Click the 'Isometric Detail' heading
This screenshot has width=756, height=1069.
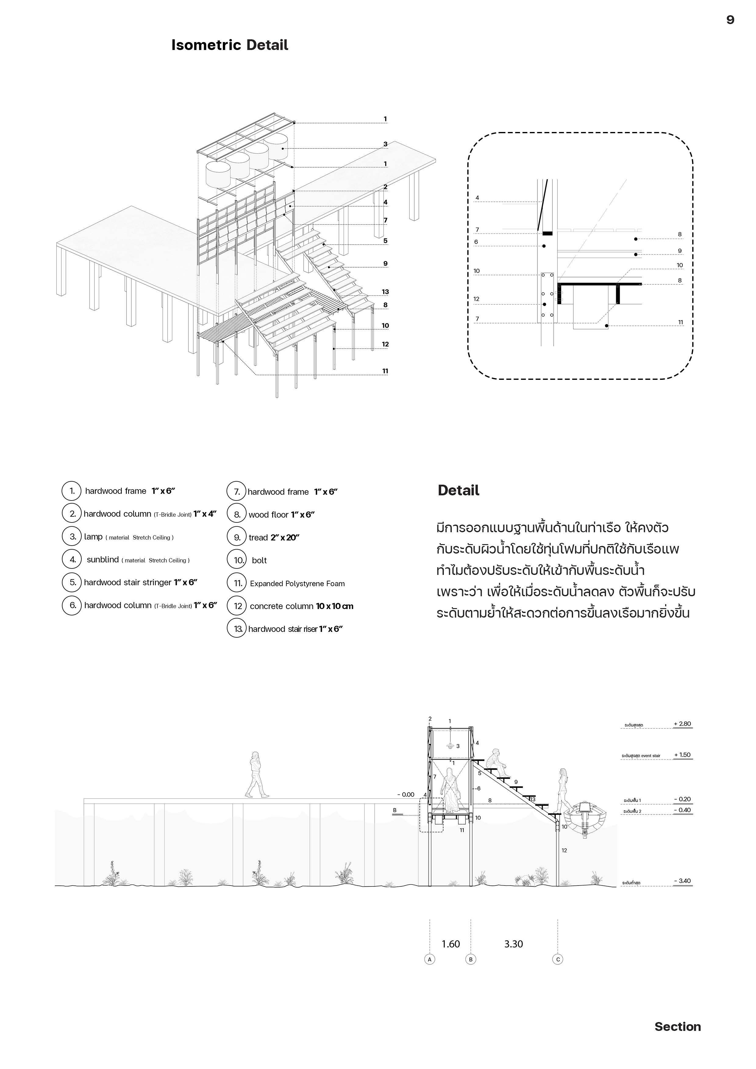(230, 45)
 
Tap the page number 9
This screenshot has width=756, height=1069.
(730, 20)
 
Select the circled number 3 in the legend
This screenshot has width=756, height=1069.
(72, 536)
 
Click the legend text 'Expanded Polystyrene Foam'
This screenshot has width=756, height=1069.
(297, 583)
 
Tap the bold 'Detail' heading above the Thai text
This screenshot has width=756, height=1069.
(458, 490)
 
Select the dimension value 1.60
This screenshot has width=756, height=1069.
(450, 944)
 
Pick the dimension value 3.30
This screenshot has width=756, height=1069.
(513, 944)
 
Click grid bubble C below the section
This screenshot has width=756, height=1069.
(558, 959)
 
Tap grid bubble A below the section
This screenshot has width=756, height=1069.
(430, 959)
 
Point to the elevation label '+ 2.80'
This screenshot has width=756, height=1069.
(682, 724)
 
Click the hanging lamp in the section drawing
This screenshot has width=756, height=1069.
(450, 745)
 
